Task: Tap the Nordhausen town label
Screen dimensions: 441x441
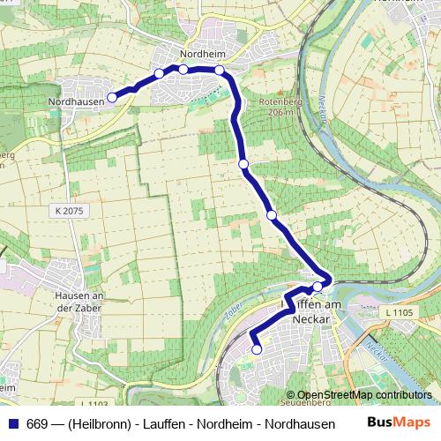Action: click(77, 101)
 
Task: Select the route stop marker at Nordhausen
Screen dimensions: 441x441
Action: click(112, 97)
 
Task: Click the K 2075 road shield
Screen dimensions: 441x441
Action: click(68, 211)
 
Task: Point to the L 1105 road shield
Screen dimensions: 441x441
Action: click(399, 312)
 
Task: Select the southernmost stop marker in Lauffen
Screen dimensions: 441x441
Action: click(257, 349)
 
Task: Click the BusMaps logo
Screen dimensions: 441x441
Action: click(398, 422)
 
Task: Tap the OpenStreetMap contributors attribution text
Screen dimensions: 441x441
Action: click(364, 395)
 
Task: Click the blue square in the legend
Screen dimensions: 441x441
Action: click(12, 423)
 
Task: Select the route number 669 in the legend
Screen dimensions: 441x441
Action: click(37, 423)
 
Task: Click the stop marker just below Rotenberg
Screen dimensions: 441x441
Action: click(243, 163)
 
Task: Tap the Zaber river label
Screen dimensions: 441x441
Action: click(235, 310)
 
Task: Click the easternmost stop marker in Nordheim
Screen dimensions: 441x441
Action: click(219, 70)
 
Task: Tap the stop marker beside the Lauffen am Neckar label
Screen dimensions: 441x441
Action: click(318, 287)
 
